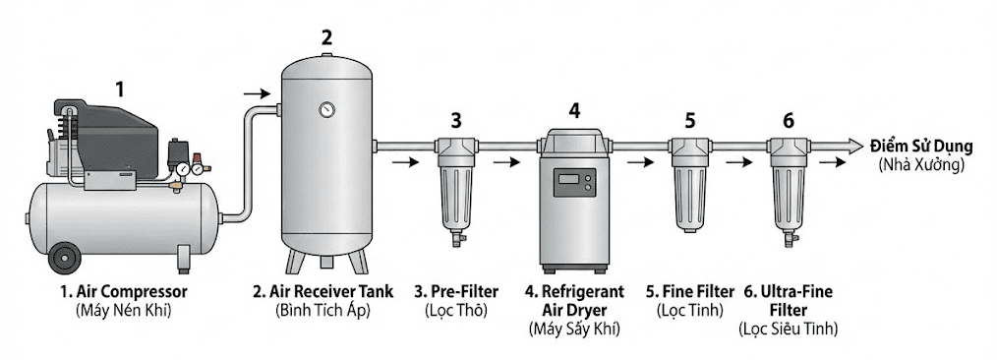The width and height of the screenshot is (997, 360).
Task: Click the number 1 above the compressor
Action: [x=120, y=90]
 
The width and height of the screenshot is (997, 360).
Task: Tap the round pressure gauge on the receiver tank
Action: [x=326, y=110]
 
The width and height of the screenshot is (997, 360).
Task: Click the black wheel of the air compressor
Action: [x=65, y=259]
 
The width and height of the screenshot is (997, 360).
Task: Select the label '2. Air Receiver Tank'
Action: [x=323, y=292]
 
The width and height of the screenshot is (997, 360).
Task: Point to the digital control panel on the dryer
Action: [x=574, y=183]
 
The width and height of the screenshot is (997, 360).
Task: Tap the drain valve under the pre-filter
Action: [x=456, y=239]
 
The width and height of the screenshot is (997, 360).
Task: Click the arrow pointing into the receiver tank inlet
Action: [x=257, y=94]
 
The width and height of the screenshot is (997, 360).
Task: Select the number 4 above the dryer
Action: [x=574, y=111]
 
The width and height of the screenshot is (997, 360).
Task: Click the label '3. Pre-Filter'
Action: [x=456, y=292]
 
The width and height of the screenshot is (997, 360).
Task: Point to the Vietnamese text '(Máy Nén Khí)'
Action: [x=124, y=311]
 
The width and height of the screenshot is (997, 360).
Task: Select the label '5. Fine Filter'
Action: [x=690, y=292]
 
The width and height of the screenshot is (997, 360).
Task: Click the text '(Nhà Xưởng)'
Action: [x=921, y=165]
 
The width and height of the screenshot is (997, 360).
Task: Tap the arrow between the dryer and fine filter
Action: [x=640, y=162]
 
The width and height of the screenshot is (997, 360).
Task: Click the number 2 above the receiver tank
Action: [x=326, y=37]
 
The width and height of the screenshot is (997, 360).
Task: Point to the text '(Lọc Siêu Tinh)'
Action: [x=788, y=330]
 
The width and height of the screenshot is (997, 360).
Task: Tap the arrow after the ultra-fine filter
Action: [x=833, y=162]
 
